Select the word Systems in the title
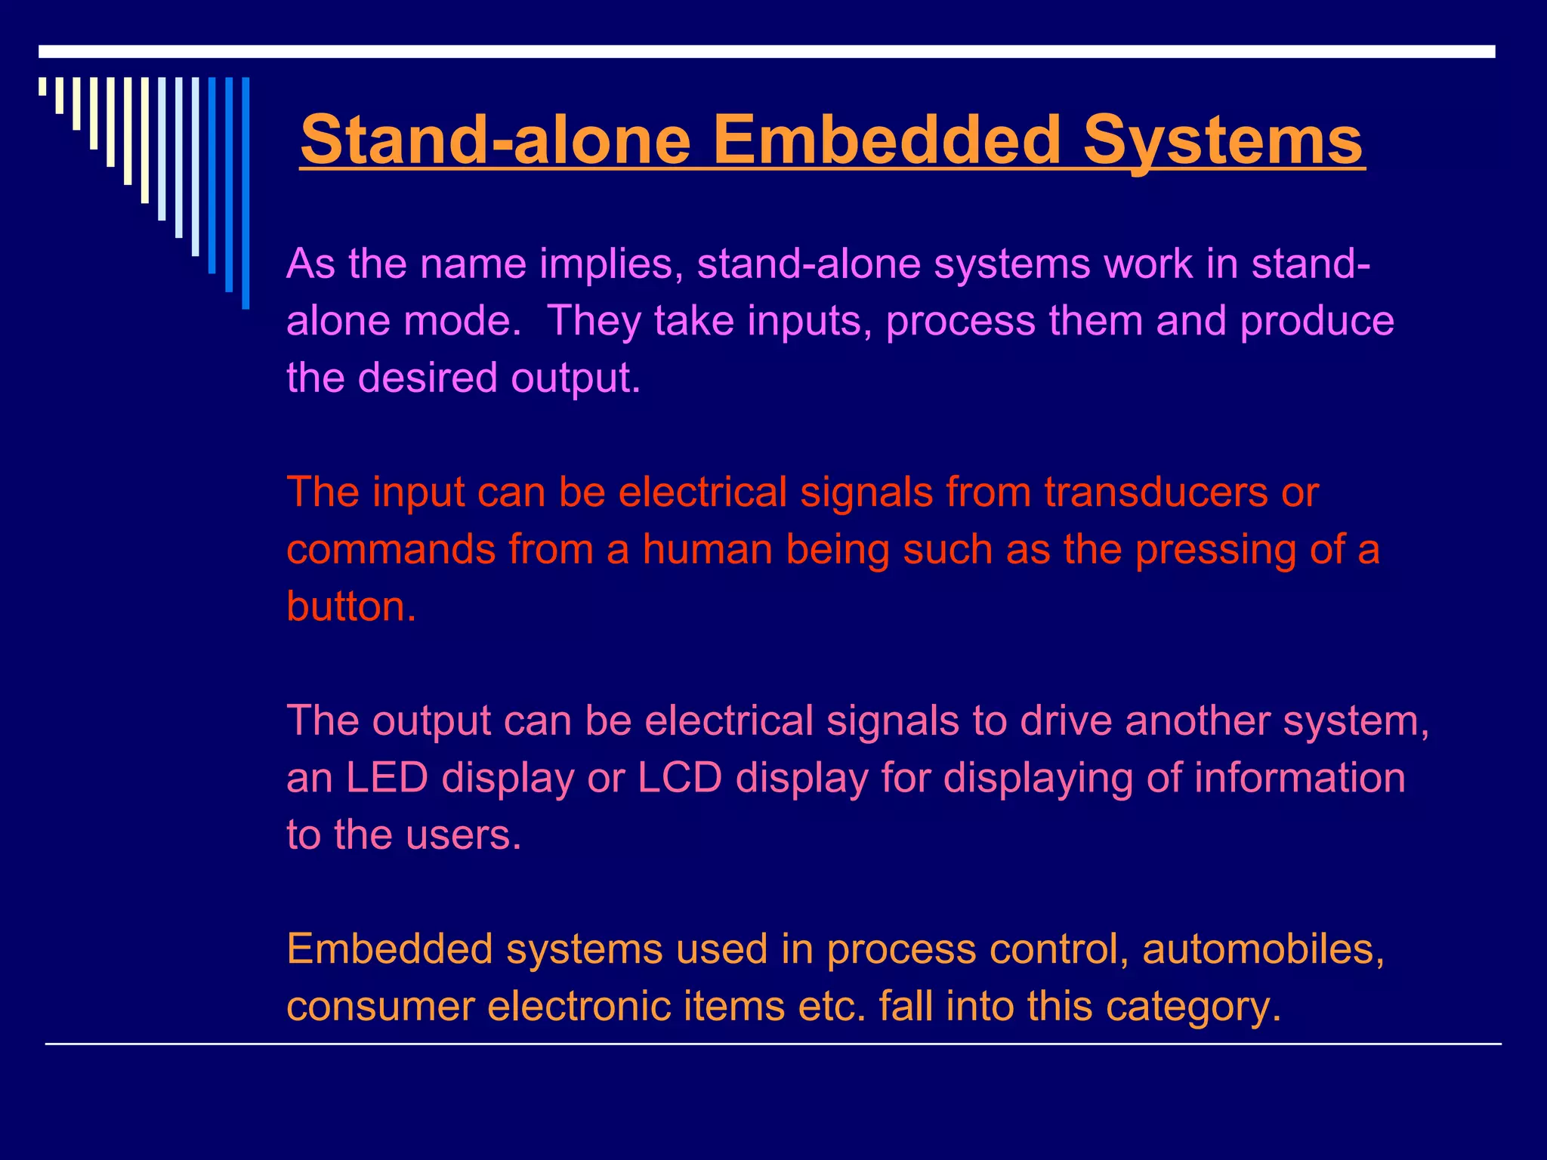pyautogui.click(x=1223, y=140)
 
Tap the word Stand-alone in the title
pyautogui.click(x=496, y=140)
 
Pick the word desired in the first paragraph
pyautogui.click(x=428, y=377)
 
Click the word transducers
pyautogui.click(x=1155, y=492)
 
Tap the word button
pyautogui.click(x=351, y=606)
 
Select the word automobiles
pyautogui.click(x=1264, y=949)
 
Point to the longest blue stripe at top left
pyautogui.click(x=245, y=193)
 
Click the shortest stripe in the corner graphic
pyautogui.click(x=42, y=86)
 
